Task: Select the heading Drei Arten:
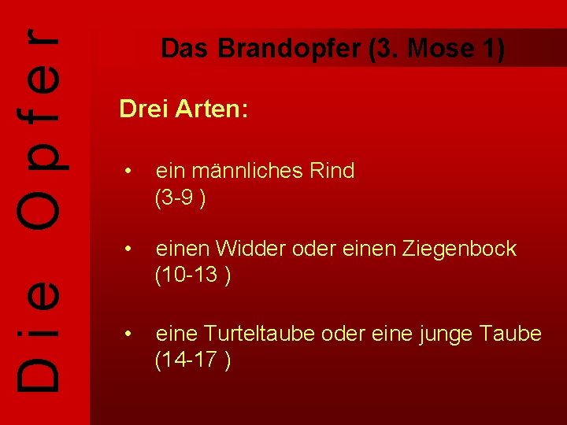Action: pos(183,109)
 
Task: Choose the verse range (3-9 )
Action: pos(180,198)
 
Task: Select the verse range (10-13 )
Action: pos(192,275)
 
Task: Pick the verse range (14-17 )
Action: pos(192,360)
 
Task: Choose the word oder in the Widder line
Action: pos(312,249)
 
